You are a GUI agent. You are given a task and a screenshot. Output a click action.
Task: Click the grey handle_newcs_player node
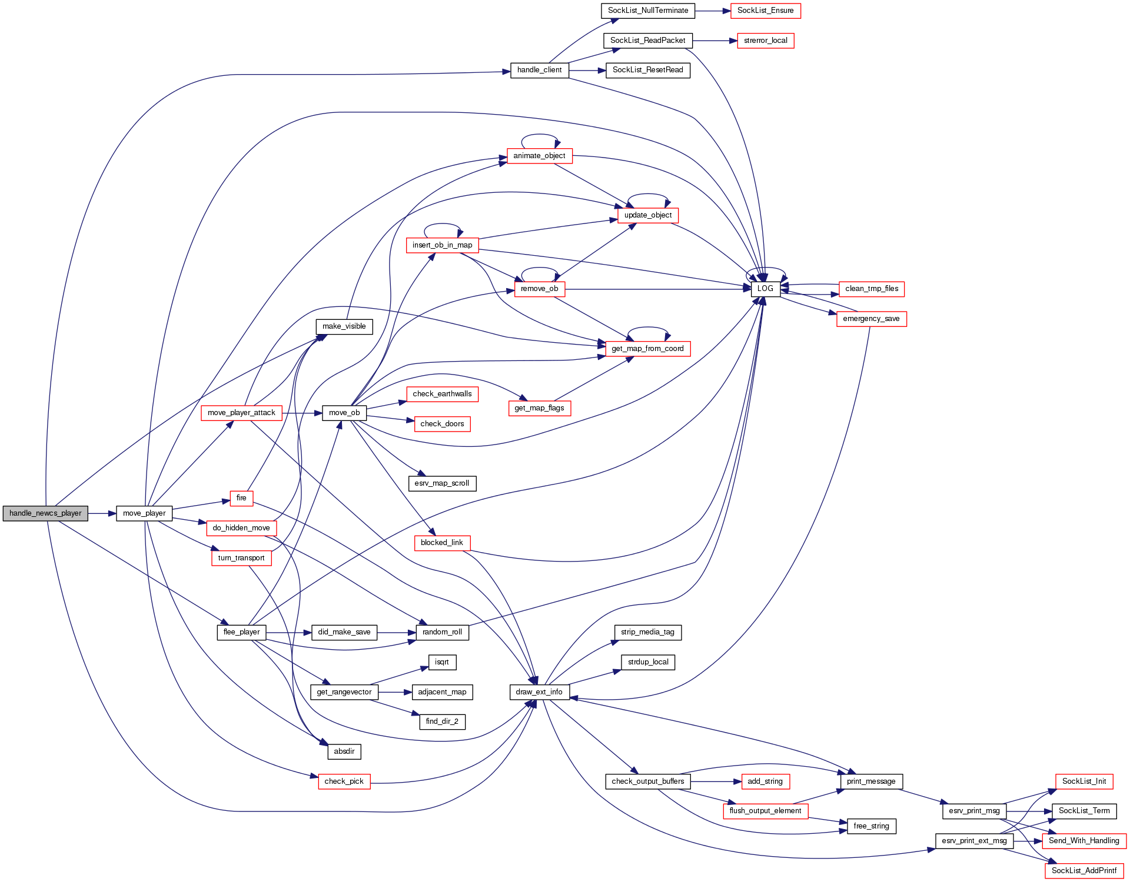click(45, 513)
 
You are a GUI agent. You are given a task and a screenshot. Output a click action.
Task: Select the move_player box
click(144, 513)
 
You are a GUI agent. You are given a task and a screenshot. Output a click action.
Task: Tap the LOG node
click(765, 289)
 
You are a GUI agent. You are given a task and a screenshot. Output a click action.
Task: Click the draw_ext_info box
click(539, 692)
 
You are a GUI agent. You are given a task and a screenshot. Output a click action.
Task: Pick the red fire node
click(241, 498)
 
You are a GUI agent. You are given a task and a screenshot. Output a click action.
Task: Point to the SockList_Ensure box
click(765, 11)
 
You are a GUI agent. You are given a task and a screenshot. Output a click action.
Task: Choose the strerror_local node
click(765, 41)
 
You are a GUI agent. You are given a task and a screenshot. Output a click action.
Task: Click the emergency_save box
click(871, 319)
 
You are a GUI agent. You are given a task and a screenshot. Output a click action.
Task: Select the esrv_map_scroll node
click(441, 483)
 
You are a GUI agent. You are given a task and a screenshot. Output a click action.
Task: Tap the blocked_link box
click(441, 543)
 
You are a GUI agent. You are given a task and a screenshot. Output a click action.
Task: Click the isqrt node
click(442, 662)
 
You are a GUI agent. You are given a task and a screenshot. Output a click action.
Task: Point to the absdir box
click(344, 751)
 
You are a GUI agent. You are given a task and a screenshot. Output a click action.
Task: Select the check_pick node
click(344, 781)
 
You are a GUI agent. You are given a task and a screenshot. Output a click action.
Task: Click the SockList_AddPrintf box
click(1084, 871)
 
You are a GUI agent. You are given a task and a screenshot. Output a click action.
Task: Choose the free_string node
click(871, 826)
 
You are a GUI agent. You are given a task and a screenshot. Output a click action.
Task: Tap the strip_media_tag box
click(647, 632)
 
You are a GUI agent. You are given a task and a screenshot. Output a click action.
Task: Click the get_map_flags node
click(539, 408)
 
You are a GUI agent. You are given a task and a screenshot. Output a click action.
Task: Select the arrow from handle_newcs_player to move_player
click(102, 513)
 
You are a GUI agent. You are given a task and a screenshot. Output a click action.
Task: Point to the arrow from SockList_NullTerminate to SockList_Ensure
click(713, 11)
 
